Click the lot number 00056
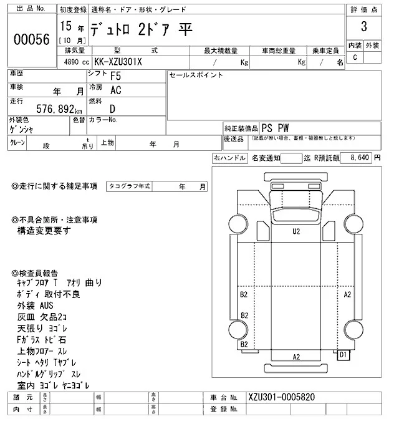tap(31, 38)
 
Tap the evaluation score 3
tap(363, 27)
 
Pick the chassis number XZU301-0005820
tap(282, 397)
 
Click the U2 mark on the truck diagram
tap(297, 231)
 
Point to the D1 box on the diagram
tap(343, 355)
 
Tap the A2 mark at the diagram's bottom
tap(297, 357)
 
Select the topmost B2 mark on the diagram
tap(244, 293)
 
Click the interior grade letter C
tap(355, 57)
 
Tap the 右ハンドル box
tap(229, 158)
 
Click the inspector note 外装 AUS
tap(36, 306)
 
